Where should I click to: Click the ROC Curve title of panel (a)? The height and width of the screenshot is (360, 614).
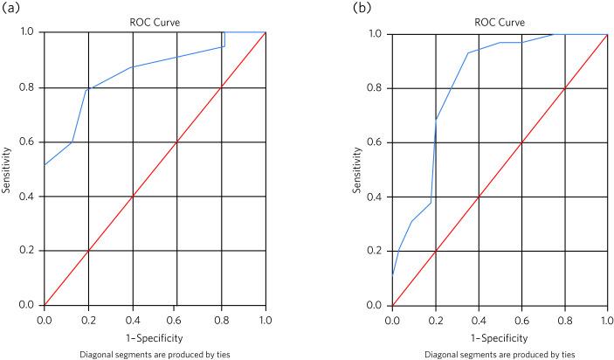pyautogui.click(x=155, y=22)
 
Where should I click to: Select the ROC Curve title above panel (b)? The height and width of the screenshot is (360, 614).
pyautogui.click(x=500, y=22)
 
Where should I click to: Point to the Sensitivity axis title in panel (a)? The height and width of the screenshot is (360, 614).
pyautogui.click(x=8, y=168)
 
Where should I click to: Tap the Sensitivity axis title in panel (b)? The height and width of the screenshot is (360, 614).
pyautogui.click(x=357, y=169)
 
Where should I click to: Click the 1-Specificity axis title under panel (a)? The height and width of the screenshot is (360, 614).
pyautogui.click(x=155, y=336)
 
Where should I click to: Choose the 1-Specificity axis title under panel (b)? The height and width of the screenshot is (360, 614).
pyautogui.click(x=500, y=336)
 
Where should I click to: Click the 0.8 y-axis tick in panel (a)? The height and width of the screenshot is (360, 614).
pyautogui.click(x=30, y=87)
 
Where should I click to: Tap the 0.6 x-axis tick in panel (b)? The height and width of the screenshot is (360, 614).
pyautogui.click(x=521, y=320)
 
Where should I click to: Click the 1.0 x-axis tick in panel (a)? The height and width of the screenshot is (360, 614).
pyautogui.click(x=265, y=319)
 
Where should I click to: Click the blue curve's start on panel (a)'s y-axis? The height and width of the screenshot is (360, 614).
pyautogui.click(x=45, y=164)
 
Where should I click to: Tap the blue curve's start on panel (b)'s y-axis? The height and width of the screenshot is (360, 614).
pyautogui.click(x=393, y=273)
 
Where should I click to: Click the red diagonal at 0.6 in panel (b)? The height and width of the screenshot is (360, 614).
pyautogui.click(x=521, y=142)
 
